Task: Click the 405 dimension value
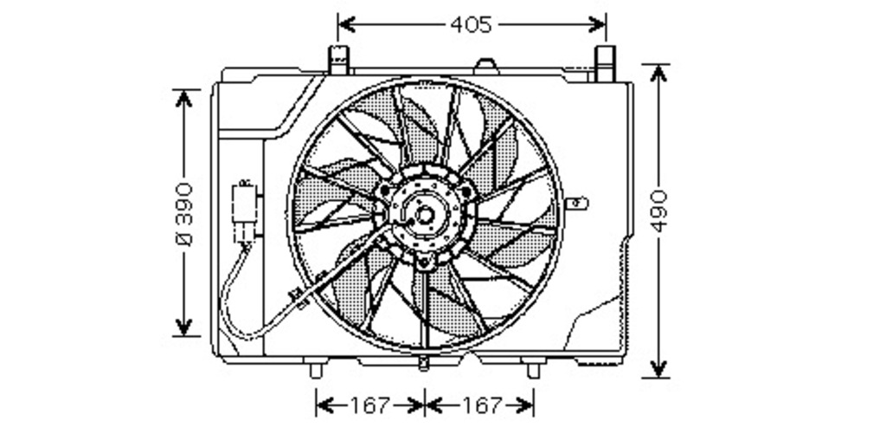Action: [472, 25]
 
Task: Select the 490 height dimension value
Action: [658, 211]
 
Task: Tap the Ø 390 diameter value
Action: [185, 214]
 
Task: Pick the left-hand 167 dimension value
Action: [370, 405]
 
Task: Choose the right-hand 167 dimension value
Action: [482, 405]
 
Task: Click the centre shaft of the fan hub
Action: [425, 215]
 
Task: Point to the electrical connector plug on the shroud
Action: [246, 212]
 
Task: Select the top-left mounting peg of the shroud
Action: [338, 60]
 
